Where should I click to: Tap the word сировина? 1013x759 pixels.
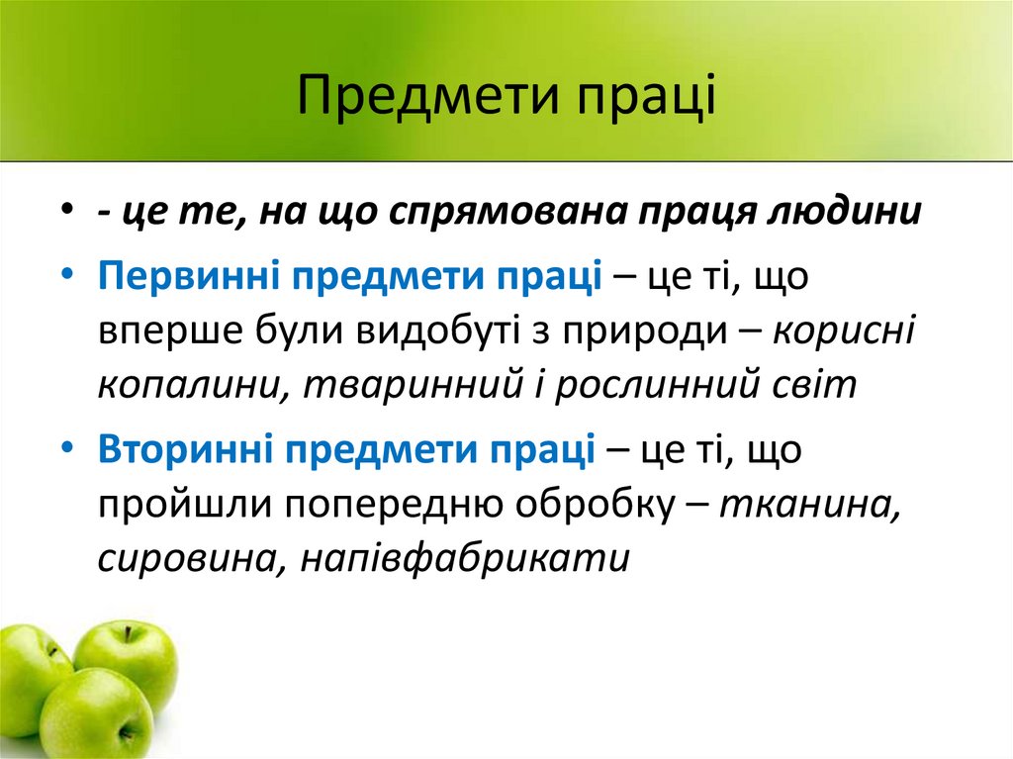pos(184,559)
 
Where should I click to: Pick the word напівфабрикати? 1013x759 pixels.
pos(465,559)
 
